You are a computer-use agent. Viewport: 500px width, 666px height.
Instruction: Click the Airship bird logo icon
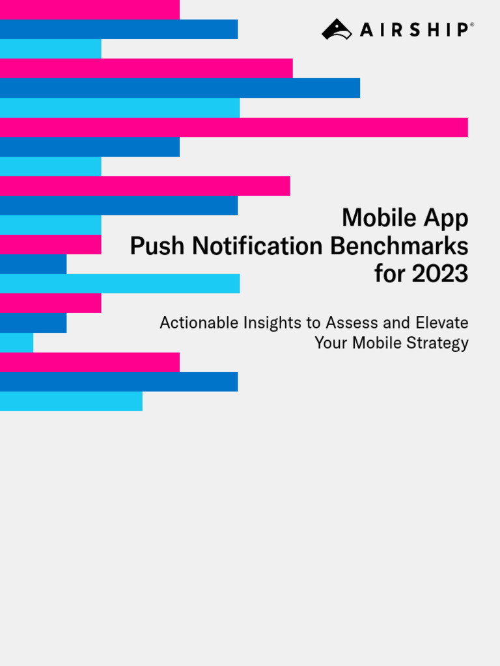337,29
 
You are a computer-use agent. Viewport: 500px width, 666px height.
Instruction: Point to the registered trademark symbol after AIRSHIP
471,25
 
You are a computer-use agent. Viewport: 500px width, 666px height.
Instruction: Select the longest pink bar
234,127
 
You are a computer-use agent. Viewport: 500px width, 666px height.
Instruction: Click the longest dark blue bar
180,88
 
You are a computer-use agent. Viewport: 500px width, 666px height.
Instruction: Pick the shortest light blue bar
16,343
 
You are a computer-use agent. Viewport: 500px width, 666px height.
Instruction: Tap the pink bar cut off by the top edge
89,9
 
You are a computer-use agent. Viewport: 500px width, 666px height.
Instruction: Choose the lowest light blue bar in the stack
71,401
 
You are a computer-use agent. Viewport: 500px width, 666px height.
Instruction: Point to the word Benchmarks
399,246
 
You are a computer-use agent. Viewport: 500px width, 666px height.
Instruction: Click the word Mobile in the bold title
378,218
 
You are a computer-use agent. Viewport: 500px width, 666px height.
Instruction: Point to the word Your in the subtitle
331,343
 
